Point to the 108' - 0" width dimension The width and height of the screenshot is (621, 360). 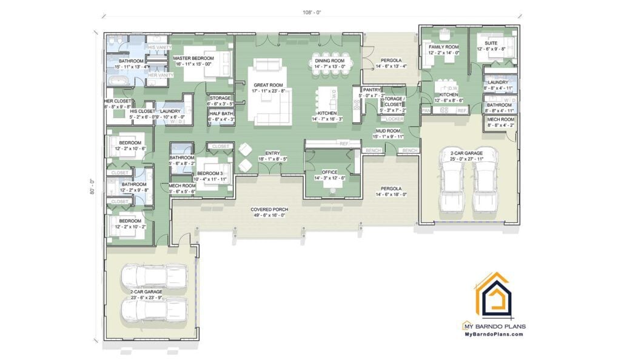tap(310, 11)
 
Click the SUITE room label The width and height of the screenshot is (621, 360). tap(490, 44)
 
